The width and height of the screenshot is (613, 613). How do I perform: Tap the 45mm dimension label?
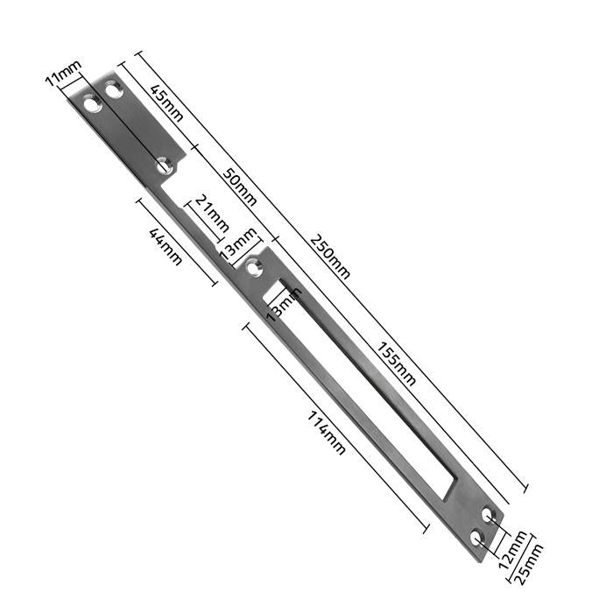pyautogui.click(x=167, y=102)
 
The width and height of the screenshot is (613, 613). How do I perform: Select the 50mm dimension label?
pyautogui.click(x=240, y=187)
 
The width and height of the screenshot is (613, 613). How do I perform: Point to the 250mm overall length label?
pyautogui.click(x=330, y=257)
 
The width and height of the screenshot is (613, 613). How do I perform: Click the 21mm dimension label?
pyautogui.click(x=212, y=214)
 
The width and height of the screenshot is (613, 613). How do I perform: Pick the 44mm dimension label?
pyautogui.click(x=166, y=247)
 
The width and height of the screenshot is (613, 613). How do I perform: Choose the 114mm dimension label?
pyautogui.click(x=327, y=433)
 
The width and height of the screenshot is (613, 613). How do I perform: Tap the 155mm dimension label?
pyautogui.click(x=396, y=364)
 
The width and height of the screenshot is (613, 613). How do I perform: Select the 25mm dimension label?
pyautogui.click(x=530, y=564)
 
